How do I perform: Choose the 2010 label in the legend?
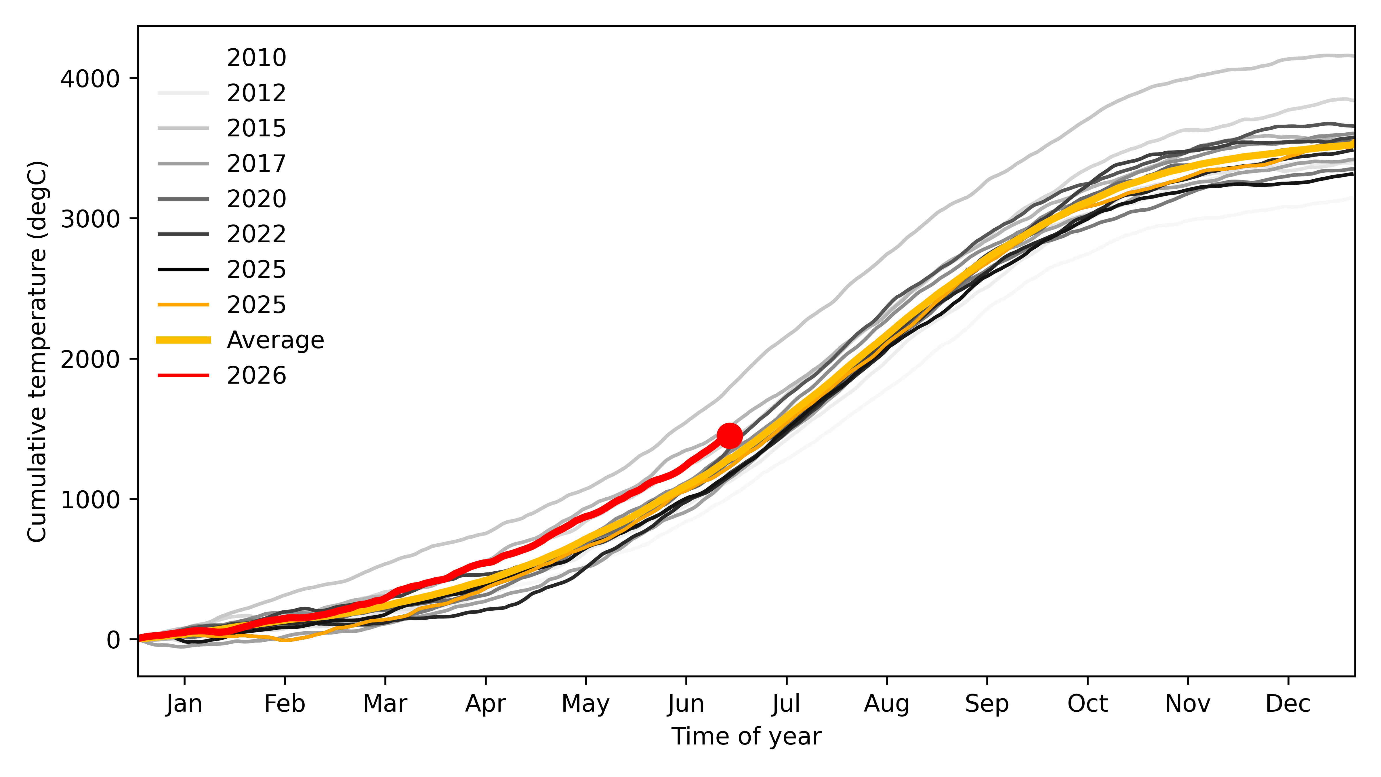point(256,57)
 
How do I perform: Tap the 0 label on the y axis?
point(113,639)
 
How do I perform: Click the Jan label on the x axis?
point(184,704)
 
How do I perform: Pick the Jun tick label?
point(686,704)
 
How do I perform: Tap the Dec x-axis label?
point(1288,704)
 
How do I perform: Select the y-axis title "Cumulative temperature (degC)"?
point(37,351)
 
